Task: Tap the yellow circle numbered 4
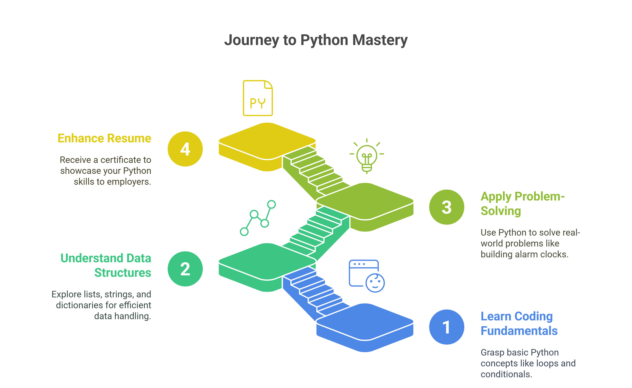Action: (185, 149)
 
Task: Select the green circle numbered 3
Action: (447, 207)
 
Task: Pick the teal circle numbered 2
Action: (185, 269)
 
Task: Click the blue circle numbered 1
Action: (447, 327)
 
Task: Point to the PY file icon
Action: (258, 98)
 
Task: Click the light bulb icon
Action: (367, 156)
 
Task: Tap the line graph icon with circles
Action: (258, 218)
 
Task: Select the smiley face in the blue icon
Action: (375, 283)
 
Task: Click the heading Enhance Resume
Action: (104, 138)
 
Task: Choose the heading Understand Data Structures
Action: (106, 265)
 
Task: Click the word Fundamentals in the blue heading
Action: (519, 331)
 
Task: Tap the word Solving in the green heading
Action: (501, 211)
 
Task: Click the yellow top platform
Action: (267, 141)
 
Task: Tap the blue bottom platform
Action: (365, 322)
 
